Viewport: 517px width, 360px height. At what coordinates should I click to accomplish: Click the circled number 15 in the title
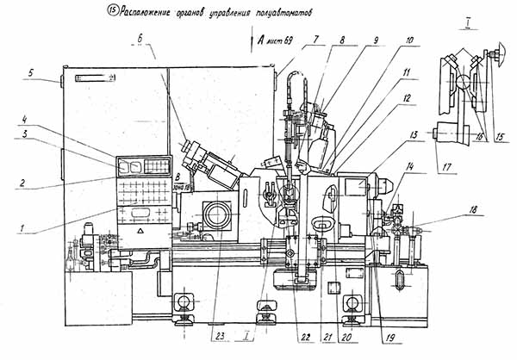tap(110, 13)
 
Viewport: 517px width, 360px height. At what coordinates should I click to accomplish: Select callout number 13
tap(415, 134)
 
